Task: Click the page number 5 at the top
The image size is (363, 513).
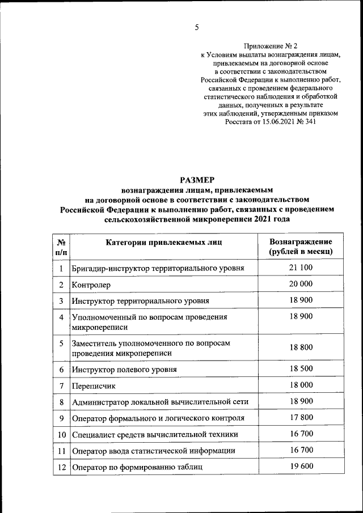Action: pyautogui.click(x=197, y=27)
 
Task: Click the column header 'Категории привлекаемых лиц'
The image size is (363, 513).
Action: pyautogui.click(x=163, y=243)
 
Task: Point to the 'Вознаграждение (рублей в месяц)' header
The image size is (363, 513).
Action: pyautogui.click(x=301, y=247)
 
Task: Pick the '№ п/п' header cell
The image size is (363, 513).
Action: pyautogui.click(x=61, y=247)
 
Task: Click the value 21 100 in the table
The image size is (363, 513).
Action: pyautogui.click(x=301, y=267)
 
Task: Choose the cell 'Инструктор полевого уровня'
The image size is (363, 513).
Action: pyautogui.click(x=124, y=370)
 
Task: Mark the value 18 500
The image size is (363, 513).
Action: pyautogui.click(x=301, y=369)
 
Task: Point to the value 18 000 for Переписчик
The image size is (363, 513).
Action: pyautogui.click(x=301, y=385)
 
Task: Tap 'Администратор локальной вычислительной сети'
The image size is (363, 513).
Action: pyautogui.click(x=160, y=402)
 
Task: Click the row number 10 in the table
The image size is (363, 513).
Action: pyautogui.click(x=61, y=435)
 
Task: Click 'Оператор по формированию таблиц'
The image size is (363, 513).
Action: pyautogui.click(x=137, y=467)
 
